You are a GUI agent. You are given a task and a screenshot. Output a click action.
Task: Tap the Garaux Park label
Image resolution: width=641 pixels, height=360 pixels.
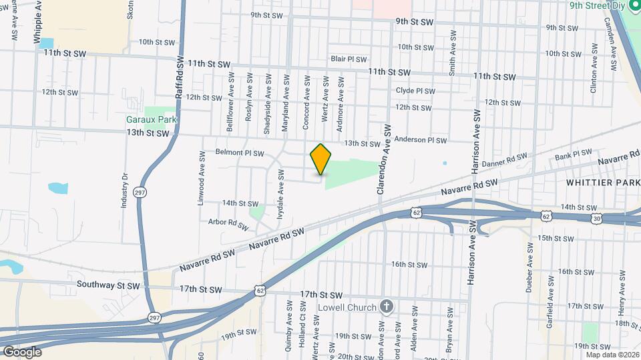tap(152, 120)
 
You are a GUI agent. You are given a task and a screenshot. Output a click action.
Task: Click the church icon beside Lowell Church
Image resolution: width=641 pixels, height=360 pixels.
tap(385, 307)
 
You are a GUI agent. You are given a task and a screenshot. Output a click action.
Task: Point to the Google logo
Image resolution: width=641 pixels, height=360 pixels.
tap(22, 352)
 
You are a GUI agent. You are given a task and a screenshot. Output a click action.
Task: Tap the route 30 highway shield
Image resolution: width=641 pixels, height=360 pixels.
tap(596, 218)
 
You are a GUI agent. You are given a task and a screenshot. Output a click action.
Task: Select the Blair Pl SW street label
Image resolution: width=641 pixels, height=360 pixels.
tap(346, 59)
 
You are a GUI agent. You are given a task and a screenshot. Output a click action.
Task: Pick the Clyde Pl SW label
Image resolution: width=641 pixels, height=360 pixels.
tap(415, 91)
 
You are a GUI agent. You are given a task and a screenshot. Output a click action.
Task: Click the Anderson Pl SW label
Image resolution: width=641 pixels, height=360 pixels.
tap(420, 140)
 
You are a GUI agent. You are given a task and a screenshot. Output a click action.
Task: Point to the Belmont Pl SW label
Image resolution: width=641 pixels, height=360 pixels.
tap(240, 152)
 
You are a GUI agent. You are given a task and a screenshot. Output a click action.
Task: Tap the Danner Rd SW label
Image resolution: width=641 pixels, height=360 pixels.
tap(504, 160)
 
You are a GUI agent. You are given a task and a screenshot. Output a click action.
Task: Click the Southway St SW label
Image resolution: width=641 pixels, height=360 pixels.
tap(108, 285)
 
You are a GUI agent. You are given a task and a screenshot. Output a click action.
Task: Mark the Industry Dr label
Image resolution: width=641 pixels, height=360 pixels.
tap(125, 191)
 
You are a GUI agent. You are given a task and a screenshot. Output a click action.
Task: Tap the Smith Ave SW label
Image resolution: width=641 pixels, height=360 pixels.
tap(453, 52)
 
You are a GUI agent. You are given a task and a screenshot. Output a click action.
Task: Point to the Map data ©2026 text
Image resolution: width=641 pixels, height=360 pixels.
tap(611, 355)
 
